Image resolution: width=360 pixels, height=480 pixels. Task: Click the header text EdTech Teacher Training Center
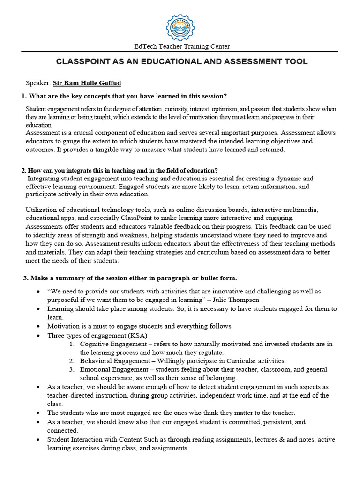point(181,46)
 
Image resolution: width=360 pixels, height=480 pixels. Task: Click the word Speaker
point(37,83)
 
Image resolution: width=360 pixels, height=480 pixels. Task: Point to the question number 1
point(23,96)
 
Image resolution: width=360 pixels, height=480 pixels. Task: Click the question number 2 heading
point(122,170)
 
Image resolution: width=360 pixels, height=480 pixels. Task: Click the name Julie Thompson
point(234,300)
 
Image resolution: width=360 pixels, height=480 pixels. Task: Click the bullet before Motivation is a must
point(38,326)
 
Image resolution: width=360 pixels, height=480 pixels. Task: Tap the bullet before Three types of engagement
point(38,335)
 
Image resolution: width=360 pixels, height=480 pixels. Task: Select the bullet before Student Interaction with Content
point(38,440)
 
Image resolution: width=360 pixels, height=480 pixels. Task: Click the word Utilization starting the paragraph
point(41,210)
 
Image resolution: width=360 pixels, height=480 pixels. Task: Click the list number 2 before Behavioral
point(71,361)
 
